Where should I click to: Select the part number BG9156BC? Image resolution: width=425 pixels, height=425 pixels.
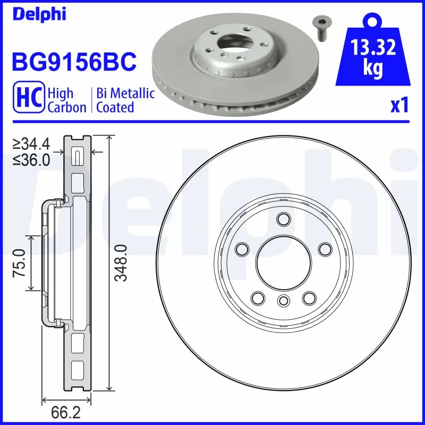point(74,61)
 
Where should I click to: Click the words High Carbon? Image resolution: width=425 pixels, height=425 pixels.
point(66,100)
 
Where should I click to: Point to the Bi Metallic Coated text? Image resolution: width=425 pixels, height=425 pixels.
point(125,100)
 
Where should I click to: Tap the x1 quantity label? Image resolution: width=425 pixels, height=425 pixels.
point(399,105)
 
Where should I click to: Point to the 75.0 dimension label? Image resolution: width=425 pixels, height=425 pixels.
point(20,262)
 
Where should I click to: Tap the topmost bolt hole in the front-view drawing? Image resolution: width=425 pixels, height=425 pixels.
point(283,218)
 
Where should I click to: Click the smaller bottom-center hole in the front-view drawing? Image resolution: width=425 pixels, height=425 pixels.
point(283,302)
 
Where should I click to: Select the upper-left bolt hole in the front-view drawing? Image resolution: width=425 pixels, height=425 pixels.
point(242,248)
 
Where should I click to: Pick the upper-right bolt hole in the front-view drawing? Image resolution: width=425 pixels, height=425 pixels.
point(324,248)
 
